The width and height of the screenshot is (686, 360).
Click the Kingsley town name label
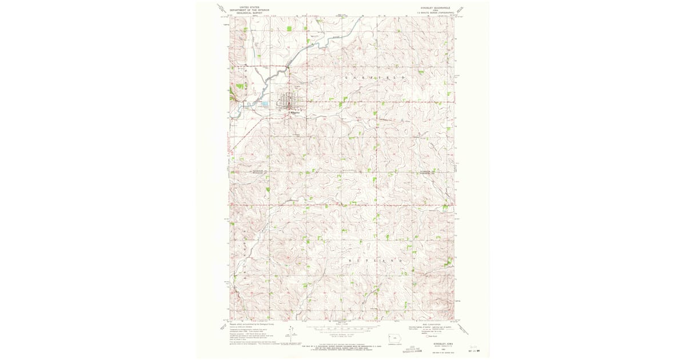(x=294, y=113)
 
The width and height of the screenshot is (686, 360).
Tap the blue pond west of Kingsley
(x=265, y=105)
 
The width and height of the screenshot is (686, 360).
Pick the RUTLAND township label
(x=377, y=260)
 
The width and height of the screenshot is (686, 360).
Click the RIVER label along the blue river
(x=337, y=36)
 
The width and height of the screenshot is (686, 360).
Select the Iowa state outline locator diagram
(x=394, y=337)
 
